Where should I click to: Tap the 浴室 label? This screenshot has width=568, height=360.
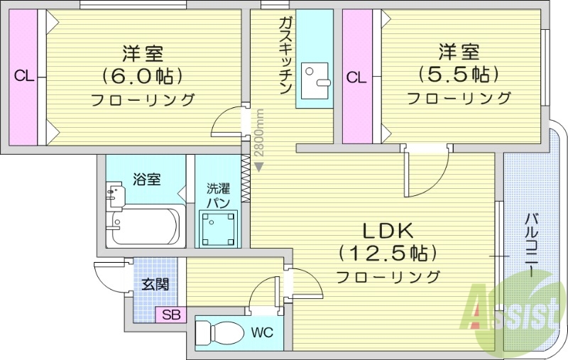[147, 180]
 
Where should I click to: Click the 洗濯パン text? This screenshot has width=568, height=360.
[218, 196]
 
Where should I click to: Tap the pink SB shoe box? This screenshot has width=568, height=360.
[171, 315]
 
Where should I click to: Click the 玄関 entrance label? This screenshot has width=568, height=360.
[155, 285]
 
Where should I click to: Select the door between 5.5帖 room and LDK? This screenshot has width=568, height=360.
[425, 170]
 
